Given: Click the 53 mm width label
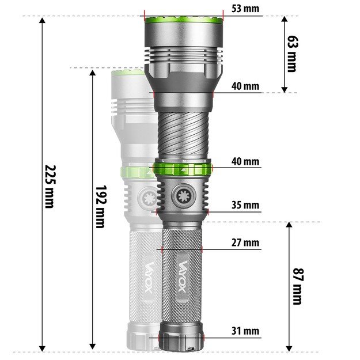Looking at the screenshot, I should pyautogui.click(x=245, y=9).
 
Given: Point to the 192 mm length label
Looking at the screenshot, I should pyautogui.click(x=100, y=206).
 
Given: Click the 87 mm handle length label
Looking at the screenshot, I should pyautogui.click(x=297, y=286).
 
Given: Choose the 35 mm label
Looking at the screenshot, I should pyautogui.click(x=245, y=205).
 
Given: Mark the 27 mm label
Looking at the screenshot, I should pyautogui.click(x=245, y=242).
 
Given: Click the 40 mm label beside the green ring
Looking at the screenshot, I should pyautogui.click(x=245, y=161).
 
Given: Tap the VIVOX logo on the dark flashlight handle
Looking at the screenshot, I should pyautogui.click(x=181, y=278).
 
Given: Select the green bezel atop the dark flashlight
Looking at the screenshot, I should pyautogui.click(x=183, y=21).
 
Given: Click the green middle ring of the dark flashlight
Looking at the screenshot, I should pyautogui.click(x=182, y=168).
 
